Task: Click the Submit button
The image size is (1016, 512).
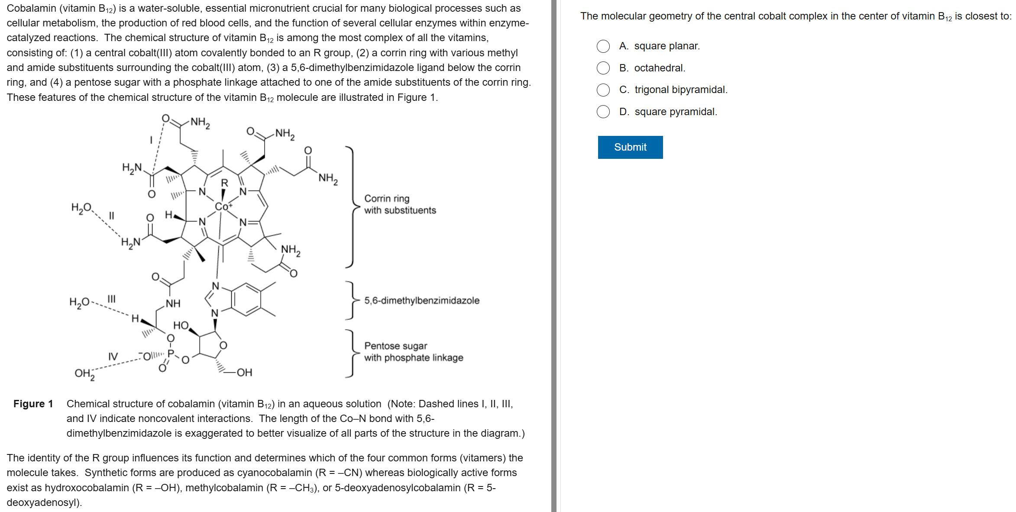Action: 630,147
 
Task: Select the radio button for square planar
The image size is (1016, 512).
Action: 603,46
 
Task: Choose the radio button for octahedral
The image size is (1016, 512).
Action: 603,68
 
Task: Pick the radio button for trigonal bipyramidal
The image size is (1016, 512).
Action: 603,90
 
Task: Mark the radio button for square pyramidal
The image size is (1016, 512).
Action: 603,112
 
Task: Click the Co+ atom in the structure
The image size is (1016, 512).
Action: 223,206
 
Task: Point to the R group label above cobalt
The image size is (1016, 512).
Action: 224,183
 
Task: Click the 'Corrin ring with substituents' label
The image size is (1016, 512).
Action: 400,204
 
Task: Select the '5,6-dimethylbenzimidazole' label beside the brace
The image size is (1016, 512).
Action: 421,300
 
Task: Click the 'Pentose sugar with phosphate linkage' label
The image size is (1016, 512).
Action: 413,351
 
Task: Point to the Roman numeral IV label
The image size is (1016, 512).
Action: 113,357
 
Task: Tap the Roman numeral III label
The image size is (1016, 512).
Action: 111,299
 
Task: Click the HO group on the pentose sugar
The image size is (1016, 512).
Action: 181,325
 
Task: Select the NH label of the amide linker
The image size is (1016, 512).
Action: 173,303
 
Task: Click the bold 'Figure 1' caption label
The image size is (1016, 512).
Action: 33,404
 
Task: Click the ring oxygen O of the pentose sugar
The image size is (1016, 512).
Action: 223,345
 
